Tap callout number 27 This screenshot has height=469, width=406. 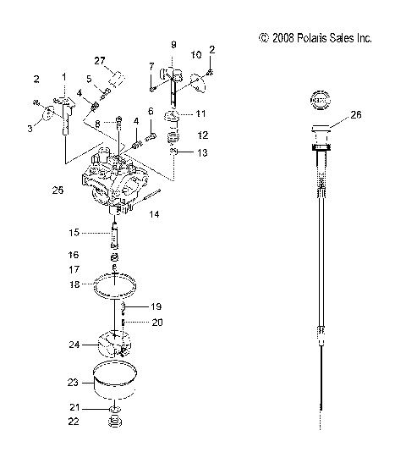tap(99, 60)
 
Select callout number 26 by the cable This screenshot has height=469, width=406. tap(355, 115)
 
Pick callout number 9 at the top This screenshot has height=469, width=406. tap(173, 43)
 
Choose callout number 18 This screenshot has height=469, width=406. tap(74, 285)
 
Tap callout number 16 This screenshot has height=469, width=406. tap(74, 253)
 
